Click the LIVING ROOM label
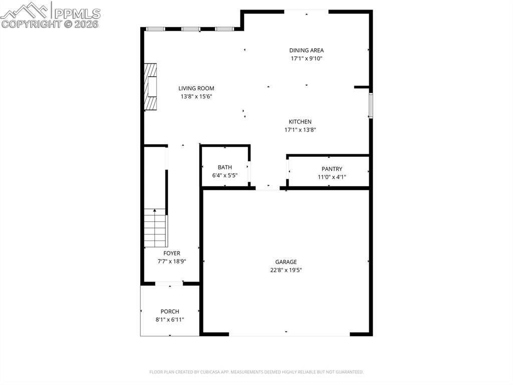(196, 88)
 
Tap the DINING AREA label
(307, 50)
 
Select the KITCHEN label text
(300, 121)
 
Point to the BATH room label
(225, 167)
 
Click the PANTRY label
(332, 169)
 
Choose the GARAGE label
(286, 262)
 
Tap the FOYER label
(172, 253)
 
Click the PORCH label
(170, 312)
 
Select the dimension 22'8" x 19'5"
(286, 270)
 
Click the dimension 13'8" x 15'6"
(196, 96)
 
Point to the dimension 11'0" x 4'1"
(332, 177)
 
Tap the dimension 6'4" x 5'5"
(225, 176)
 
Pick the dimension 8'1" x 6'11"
(170, 320)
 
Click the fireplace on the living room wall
(150, 86)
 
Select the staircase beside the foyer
(156, 228)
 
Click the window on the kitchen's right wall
(371, 105)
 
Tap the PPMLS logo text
(77, 14)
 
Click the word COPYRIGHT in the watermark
(32, 24)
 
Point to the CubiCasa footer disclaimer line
(256, 372)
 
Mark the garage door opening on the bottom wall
(289, 334)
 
